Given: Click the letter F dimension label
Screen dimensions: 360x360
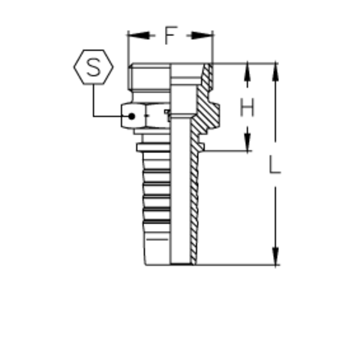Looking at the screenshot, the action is (171, 35).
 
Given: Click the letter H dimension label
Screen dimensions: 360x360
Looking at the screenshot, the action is (247, 107).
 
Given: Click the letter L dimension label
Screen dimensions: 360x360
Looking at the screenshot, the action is (274, 164).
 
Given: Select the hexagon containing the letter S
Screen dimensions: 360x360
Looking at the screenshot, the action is (94, 67).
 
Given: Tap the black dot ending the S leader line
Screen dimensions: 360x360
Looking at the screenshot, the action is (131, 116).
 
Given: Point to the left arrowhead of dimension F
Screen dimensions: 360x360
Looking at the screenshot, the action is (139, 35).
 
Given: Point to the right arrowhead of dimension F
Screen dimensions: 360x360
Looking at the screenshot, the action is (202, 35).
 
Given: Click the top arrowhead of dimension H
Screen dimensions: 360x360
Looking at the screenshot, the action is (247, 73).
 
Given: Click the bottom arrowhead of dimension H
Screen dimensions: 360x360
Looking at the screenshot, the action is (247, 139).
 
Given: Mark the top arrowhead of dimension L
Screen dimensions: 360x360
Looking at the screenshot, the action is (275, 73).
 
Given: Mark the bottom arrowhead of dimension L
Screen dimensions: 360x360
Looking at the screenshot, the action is (275, 256).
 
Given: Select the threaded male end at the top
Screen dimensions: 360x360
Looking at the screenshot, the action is (150, 76).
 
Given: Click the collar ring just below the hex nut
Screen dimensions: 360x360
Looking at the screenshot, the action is (154, 147).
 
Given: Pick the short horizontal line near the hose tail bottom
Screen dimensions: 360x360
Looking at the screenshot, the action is (157, 239).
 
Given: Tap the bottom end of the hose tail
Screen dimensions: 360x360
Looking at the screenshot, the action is (170, 264).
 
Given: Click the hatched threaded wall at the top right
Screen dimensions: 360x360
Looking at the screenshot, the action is (207, 75).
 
